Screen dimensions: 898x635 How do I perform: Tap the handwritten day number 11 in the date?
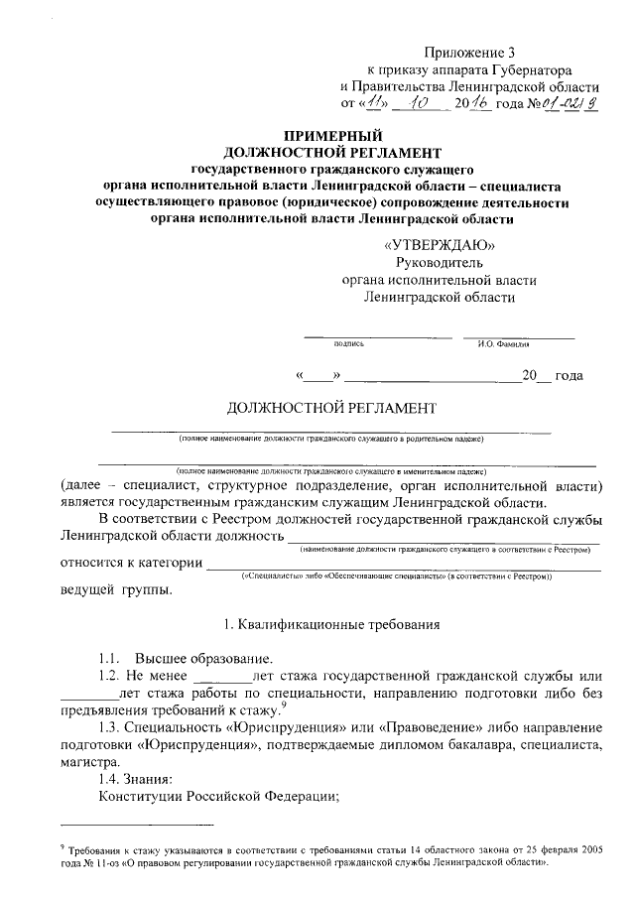pos(374,101)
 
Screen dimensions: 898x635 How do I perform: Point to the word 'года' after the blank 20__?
pos(569,376)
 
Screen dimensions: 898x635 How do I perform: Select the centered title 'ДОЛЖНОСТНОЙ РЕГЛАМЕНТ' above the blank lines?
pos(330,408)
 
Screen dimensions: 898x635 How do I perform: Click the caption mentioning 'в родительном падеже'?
pos(330,438)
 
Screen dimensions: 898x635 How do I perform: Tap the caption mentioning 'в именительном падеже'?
pos(330,470)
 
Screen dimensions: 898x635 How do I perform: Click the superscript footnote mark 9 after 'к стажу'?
pos(284,704)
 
